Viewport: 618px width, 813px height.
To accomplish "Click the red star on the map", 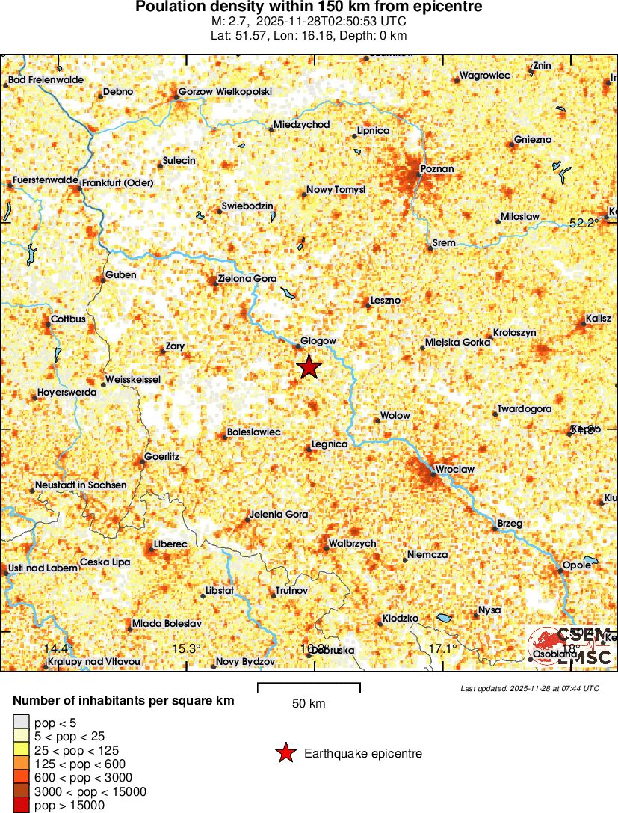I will [309, 367].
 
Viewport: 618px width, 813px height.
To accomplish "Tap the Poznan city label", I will [437, 169].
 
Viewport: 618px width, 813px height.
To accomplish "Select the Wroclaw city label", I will [454, 469].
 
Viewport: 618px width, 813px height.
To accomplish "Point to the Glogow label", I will [318, 341].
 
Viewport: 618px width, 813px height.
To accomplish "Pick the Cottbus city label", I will [68, 319].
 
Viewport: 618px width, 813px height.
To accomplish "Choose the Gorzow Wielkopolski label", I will [225, 92].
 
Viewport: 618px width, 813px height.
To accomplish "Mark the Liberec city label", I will [170, 544].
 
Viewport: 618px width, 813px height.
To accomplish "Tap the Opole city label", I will [577, 565].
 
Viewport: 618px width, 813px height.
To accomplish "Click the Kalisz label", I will [599, 319].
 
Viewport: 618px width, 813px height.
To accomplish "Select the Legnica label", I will [330, 444].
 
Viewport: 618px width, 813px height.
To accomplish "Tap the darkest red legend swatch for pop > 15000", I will [20, 806].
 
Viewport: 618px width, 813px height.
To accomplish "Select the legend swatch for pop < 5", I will [20, 722].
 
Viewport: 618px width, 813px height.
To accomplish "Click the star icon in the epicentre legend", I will [285, 754].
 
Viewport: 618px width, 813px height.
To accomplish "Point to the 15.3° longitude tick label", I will [186, 648].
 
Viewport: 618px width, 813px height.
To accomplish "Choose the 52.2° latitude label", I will [584, 223].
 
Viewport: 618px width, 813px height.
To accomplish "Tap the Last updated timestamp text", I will [530, 688].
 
